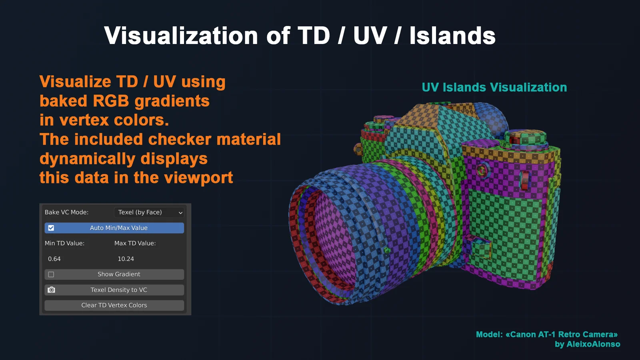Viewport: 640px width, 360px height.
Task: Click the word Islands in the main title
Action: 452,36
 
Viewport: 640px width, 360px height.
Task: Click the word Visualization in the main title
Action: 181,36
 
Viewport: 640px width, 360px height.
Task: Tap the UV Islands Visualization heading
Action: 494,87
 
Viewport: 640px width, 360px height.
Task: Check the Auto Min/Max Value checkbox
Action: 51,228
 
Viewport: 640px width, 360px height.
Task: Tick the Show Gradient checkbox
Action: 51,274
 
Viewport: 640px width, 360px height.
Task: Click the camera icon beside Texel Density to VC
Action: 52,290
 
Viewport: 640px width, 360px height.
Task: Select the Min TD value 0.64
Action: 54,259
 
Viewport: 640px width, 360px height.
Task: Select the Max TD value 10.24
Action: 126,259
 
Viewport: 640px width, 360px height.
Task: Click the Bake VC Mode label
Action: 66,212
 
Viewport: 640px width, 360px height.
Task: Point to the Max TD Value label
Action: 135,243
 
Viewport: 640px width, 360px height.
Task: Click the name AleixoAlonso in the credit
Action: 593,344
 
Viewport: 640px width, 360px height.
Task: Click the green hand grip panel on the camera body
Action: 508,232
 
